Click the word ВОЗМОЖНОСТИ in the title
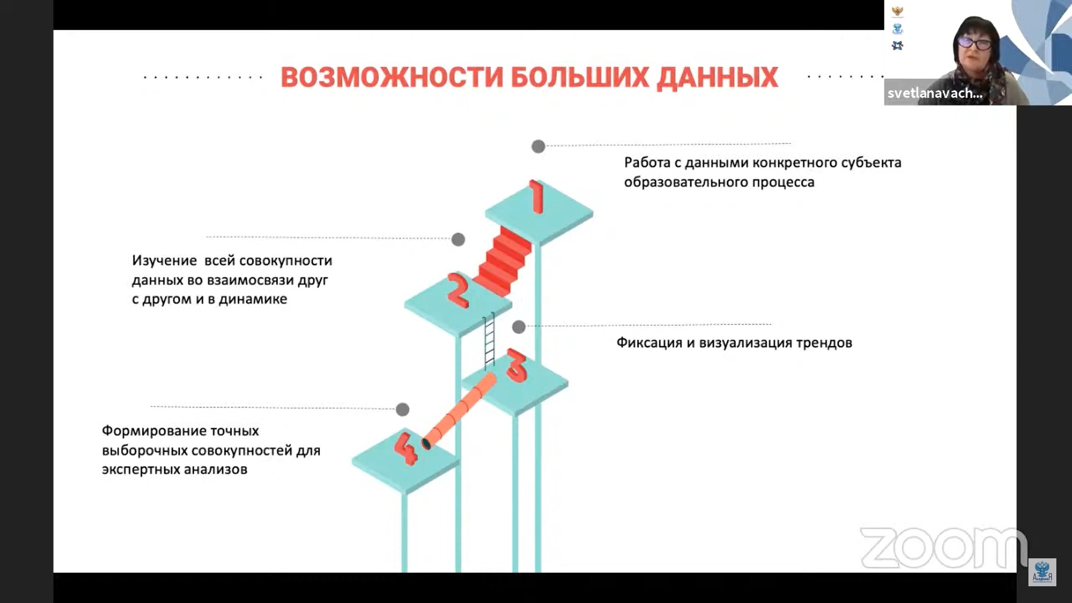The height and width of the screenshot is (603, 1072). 392,78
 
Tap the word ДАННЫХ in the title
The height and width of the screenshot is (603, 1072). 717,78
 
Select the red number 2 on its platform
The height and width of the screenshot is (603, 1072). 458,290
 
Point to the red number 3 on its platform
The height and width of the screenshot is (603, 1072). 516,366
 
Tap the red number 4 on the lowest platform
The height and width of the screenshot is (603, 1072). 406,448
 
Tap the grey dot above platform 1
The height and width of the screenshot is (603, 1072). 538,146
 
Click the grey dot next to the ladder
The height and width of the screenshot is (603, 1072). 519,327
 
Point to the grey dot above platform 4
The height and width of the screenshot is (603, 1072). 403,409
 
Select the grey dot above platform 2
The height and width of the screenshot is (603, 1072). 458,240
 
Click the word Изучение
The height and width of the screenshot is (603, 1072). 164,261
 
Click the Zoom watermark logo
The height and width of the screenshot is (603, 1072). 942,547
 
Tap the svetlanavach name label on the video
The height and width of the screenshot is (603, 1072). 935,93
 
